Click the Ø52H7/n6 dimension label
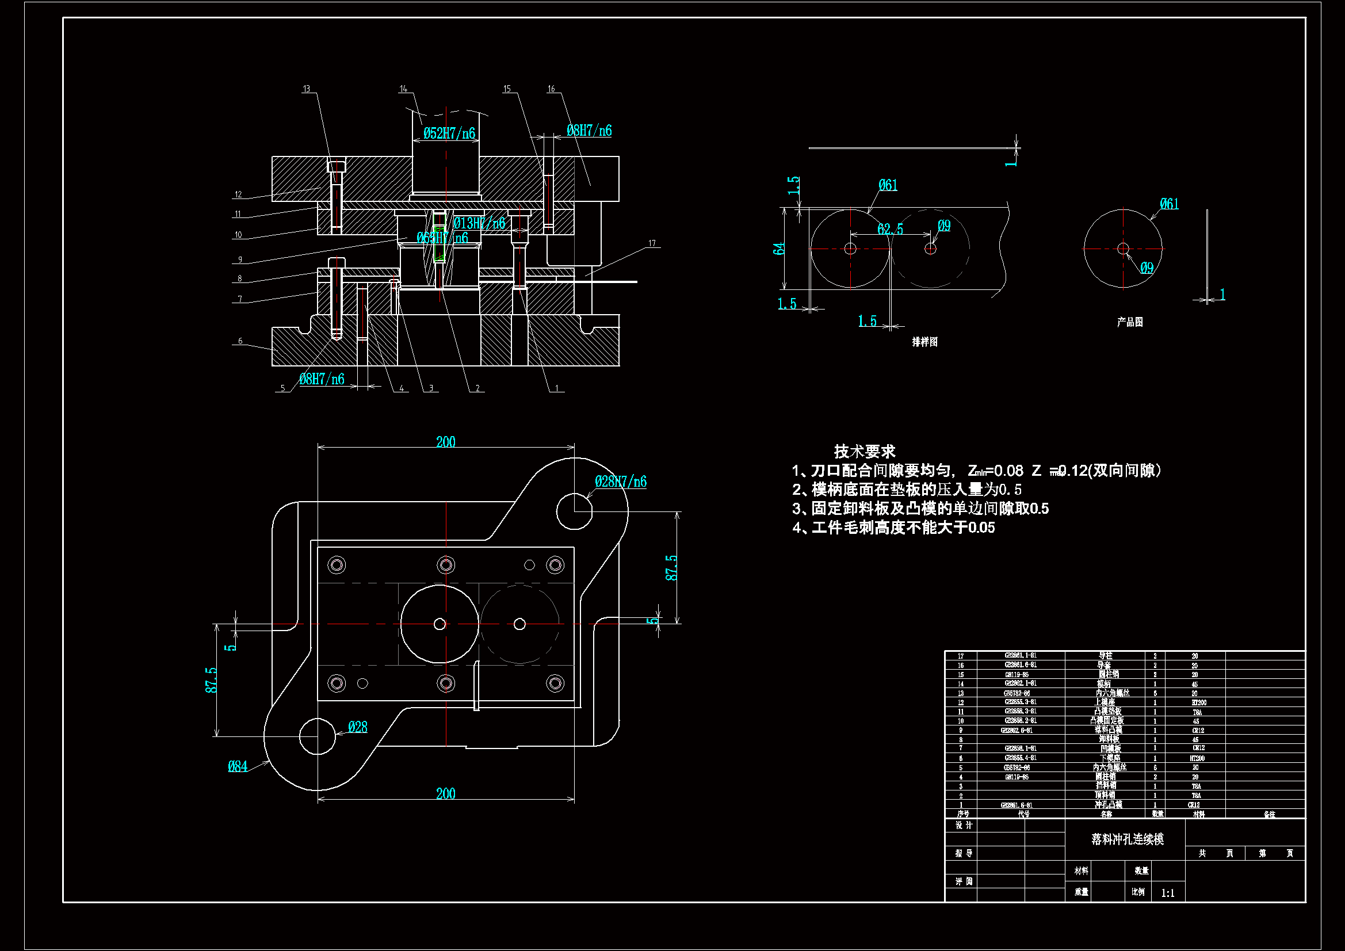coord(449,133)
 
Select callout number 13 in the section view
coord(307,89)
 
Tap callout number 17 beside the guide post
coord(652,243)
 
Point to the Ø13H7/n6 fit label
coord(479,223)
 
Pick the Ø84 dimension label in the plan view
coord(237,766)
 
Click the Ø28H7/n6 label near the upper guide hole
coord(620,482)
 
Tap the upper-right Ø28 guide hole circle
coord(574,511)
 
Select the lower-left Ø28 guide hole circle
coord(317,736)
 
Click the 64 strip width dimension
coord(778,249)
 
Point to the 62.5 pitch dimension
coord(890,229)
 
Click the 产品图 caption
coord(1129,322)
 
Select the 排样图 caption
coord(924,342)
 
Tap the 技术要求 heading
coord(865,452)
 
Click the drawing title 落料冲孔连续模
coord(1127,839)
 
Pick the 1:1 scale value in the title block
coord(1167,893)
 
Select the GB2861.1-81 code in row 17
coord(1021,656)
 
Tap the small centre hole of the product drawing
coord(1123,249)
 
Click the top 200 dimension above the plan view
coord(446,442)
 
